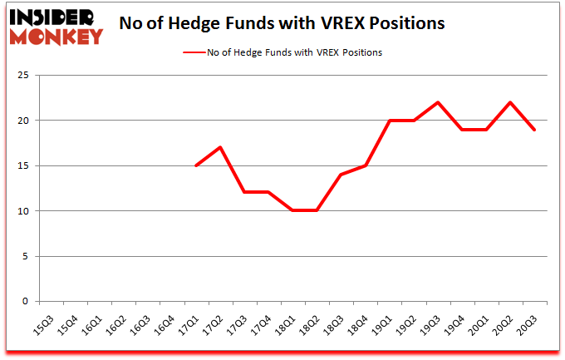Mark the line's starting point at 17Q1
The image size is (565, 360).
[196, 165]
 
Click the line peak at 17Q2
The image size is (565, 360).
[220, 148]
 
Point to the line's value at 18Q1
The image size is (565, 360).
[292, 211]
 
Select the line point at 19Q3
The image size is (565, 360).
[437, 102]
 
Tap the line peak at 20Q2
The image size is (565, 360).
[509, 102]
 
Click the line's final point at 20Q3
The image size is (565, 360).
[533, 130]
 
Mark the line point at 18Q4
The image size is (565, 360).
[365, 165]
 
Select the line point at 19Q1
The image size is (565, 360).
[389, 121]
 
